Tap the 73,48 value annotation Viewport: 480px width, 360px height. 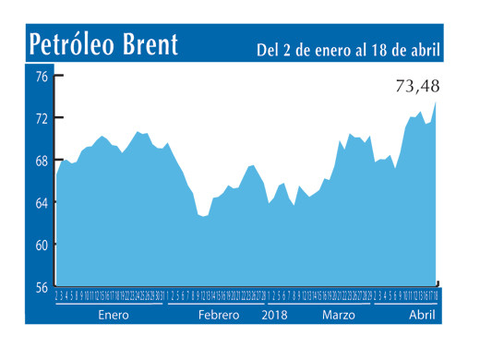[x=417, y=87]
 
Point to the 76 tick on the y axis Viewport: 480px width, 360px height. [x=42, y=77]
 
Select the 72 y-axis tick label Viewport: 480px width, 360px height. [x=42, y=118]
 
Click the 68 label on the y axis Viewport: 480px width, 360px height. [x=42, y=161]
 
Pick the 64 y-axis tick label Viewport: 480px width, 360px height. [x=42, y=202]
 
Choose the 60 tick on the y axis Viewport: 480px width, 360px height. [x=42, y=245]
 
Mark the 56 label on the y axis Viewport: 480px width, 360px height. [x=42, y=287]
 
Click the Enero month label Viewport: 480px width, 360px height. [x=112, y=315]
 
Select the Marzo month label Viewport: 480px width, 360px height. [x=339, y=315]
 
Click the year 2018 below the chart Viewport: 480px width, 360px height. [x=276, y=315]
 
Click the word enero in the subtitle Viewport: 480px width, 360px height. [x=318, y=49]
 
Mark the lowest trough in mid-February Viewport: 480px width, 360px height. [x=203, y=216]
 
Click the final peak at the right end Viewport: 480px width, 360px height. [x=436, y=103]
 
